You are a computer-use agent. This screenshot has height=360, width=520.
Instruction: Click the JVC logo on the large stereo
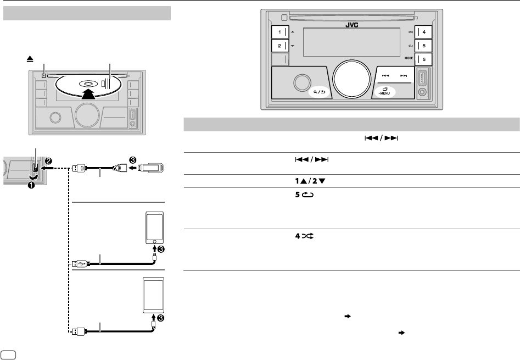352,24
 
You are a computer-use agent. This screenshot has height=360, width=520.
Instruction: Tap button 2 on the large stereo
280,46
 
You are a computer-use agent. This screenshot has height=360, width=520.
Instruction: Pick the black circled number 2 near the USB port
49,160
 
